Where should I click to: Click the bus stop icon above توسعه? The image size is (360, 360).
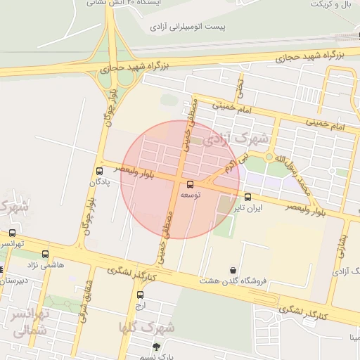pyautogui.click(x=190, y=184)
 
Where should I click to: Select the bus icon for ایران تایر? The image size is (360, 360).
pyautogui.click(x=248, y=197)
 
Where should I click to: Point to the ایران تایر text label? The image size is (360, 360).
pyautogui.click(x=248, y=208)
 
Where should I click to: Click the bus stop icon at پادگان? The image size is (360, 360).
pyautogui.click(x=99, y=171)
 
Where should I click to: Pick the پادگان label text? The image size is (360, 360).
pyautogui.click(x=99, y=182)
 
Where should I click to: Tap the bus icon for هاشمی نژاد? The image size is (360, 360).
pyautogui.click(x=46, y=254)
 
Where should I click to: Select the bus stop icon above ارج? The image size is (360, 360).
pyautogui.click(x=140, y=295)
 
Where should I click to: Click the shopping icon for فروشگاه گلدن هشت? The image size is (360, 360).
pyautogui.click(x=233, y=270)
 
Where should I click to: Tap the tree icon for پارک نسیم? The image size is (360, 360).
pyautogui.click(x=156, y=346)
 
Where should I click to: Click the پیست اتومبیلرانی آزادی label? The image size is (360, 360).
pyautogui.click(x=187, y=27)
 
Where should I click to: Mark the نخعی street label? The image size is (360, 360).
pyautogui.click(x=240, y=86)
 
